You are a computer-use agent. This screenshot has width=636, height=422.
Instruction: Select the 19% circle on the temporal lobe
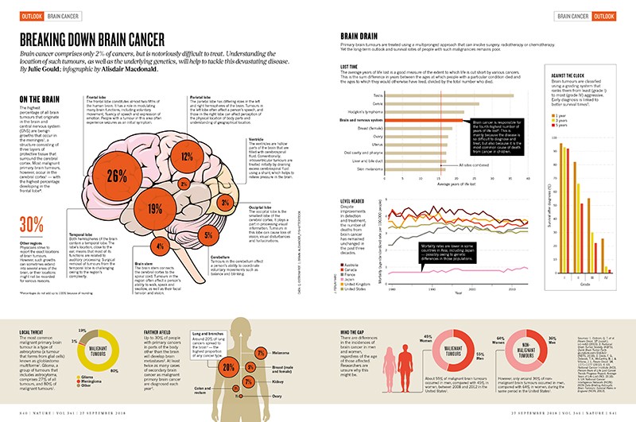point(155,210)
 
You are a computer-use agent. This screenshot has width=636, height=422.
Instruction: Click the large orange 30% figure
point(32,223)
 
